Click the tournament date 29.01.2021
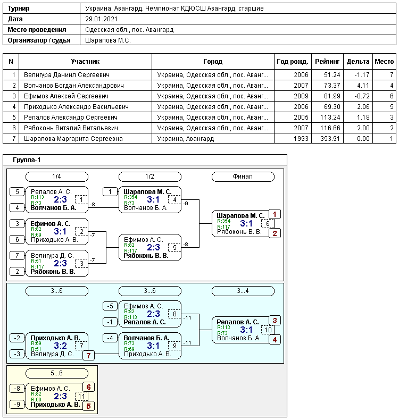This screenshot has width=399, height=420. (x=101, y=19)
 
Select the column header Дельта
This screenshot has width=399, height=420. (x=358, y=62)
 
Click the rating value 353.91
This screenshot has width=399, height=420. (x=330, y=139)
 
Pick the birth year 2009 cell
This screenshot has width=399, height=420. (x=301, y=96)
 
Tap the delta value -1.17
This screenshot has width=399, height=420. (x=362, y=75)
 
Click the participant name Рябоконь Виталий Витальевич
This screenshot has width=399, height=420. (x=71, y=128)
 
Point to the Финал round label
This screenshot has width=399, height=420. (x=243, y=177)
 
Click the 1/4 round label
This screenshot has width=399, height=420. (x=56, y=177)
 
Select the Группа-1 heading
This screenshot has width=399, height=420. (x=27, y=160)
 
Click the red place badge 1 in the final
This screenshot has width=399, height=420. (x=275, y=214)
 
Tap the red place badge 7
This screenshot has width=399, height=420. (x=88, y=356)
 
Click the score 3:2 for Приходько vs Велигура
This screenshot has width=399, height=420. (x=60, y=346)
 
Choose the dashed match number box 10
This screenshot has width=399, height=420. (x=268, y=330)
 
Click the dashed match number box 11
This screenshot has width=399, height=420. (x=81, y=396)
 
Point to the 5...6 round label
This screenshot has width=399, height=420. (x=56, y=373)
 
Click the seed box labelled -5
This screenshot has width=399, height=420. (x=110, y=306)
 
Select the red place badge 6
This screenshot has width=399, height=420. (x=88, y=387)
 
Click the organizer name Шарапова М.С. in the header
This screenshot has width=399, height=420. (x=107, y=40)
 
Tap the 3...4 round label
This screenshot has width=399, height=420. (x=243, y=291)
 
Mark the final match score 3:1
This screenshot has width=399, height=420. (x=246, y=223)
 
